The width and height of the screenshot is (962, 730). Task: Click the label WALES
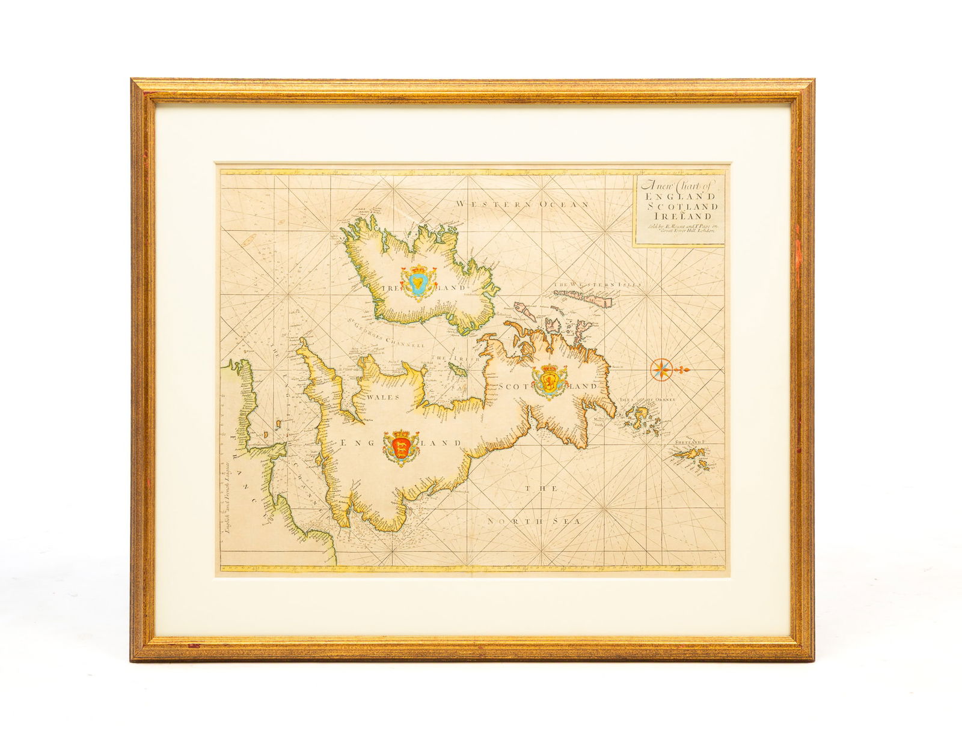[372, 396]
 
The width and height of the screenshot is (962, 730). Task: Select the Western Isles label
[598, 285]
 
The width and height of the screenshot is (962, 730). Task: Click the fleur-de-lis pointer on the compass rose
[684, 370]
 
